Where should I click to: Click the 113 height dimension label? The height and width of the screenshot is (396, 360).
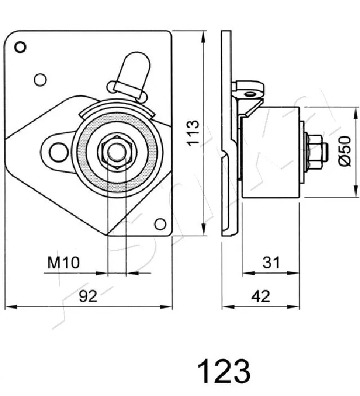coord(193,133)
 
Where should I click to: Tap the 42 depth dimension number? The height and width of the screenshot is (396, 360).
coord(261,296)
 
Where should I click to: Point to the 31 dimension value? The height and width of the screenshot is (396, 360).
coord(271,262)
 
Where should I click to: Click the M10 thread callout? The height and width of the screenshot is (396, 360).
coord(64,262)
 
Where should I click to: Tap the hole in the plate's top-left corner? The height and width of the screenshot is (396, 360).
coord(20,47)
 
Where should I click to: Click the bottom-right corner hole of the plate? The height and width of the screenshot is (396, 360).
coord(160,224)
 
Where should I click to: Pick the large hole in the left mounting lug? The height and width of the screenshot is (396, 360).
coord(57,151)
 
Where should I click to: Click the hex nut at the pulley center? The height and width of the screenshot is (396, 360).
coord(115,151)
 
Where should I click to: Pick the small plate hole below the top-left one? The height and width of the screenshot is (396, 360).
coord(39,79)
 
